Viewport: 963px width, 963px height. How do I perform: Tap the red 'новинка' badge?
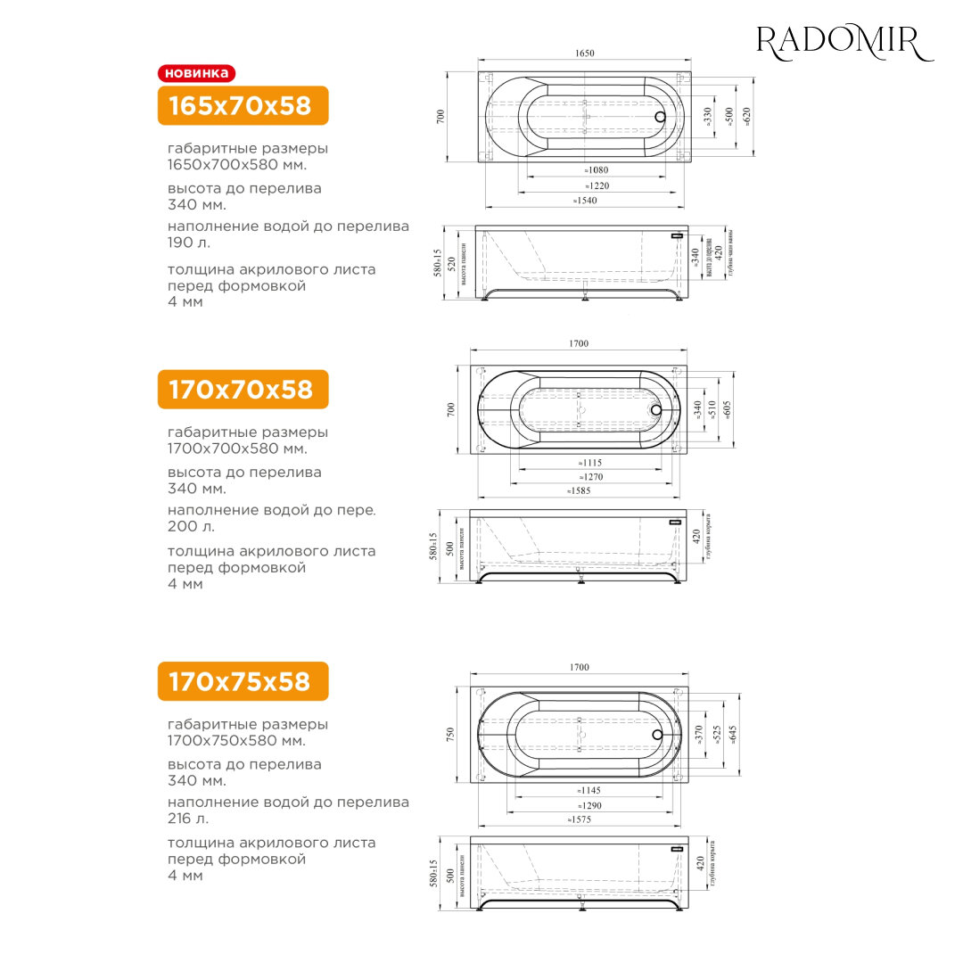(196, 73)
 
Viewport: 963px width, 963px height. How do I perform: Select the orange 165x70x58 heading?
(243, 106)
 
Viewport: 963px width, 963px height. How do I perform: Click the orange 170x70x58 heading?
(243, 390)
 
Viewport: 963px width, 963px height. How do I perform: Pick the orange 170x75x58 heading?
(243, 681)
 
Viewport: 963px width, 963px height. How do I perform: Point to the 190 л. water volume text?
(190, 243)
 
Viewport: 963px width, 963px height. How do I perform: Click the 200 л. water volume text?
(190, 526)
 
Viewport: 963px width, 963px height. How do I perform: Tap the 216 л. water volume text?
(189, 818)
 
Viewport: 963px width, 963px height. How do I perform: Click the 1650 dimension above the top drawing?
(584, 53)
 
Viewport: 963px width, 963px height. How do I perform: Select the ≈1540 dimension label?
(585, 201)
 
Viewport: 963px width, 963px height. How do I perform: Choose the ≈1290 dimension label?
(587, 805)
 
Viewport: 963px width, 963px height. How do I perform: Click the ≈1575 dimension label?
(583, 819)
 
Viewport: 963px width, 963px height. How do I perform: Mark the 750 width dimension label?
(451, 735)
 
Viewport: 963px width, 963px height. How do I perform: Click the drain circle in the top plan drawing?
(660, 116)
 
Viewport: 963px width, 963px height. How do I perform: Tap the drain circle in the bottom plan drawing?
(658, 735)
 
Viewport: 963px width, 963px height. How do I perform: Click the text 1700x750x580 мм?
(236, 741)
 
